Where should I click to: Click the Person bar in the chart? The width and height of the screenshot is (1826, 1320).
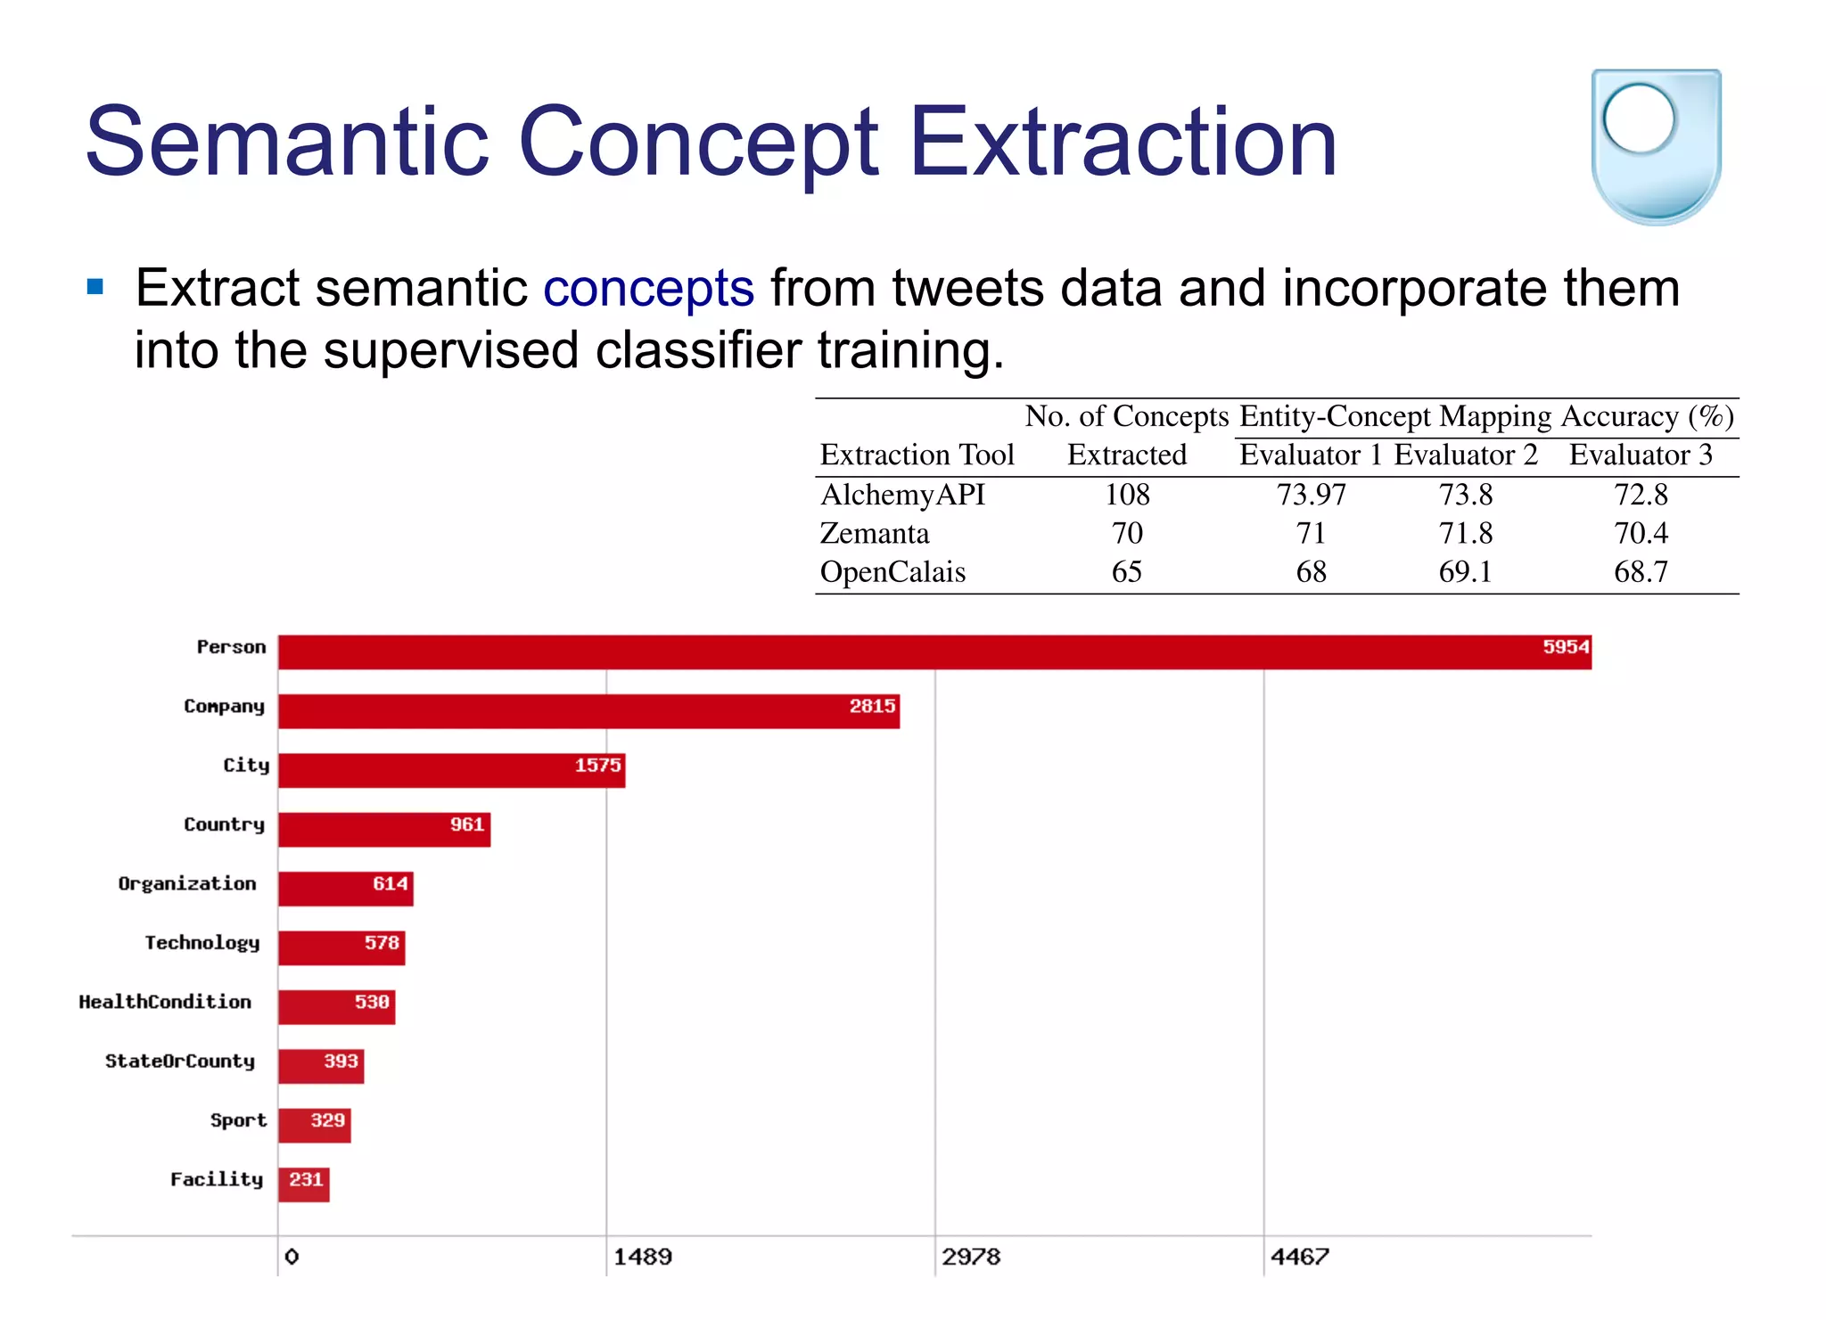[934, 652]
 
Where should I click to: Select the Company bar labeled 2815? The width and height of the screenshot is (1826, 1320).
[588, 711]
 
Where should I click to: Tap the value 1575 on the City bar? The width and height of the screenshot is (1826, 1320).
[597, 766]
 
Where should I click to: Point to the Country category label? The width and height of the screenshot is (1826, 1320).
[224, 824]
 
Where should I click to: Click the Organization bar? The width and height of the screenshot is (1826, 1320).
[345, 889]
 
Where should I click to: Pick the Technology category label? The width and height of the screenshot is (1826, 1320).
[202, 943]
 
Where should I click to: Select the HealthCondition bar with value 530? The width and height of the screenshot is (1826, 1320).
[336, 1007]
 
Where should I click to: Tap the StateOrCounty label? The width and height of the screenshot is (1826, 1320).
[180, 1062]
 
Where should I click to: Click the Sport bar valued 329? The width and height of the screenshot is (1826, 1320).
[314, 1125]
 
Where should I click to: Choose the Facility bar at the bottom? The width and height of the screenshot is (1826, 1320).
[303, 1185]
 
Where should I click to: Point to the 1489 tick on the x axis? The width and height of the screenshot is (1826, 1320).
[642, 1257]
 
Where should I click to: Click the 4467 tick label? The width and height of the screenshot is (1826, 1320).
[1299, 1257]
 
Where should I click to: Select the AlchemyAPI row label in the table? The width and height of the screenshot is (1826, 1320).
[902, 495]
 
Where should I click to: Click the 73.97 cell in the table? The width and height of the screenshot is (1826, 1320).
[1311, 495]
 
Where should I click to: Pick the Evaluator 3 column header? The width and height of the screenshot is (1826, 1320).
[1641, 455]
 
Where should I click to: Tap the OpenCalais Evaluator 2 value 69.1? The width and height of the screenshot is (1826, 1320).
[1465, 572]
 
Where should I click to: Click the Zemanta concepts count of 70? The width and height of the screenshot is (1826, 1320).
[1127, 534]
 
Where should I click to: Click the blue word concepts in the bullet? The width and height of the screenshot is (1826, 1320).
[648, 289]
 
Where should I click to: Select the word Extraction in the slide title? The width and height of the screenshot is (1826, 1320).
[1123, 143]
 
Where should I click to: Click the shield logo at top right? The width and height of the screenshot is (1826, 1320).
[1656, 145]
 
